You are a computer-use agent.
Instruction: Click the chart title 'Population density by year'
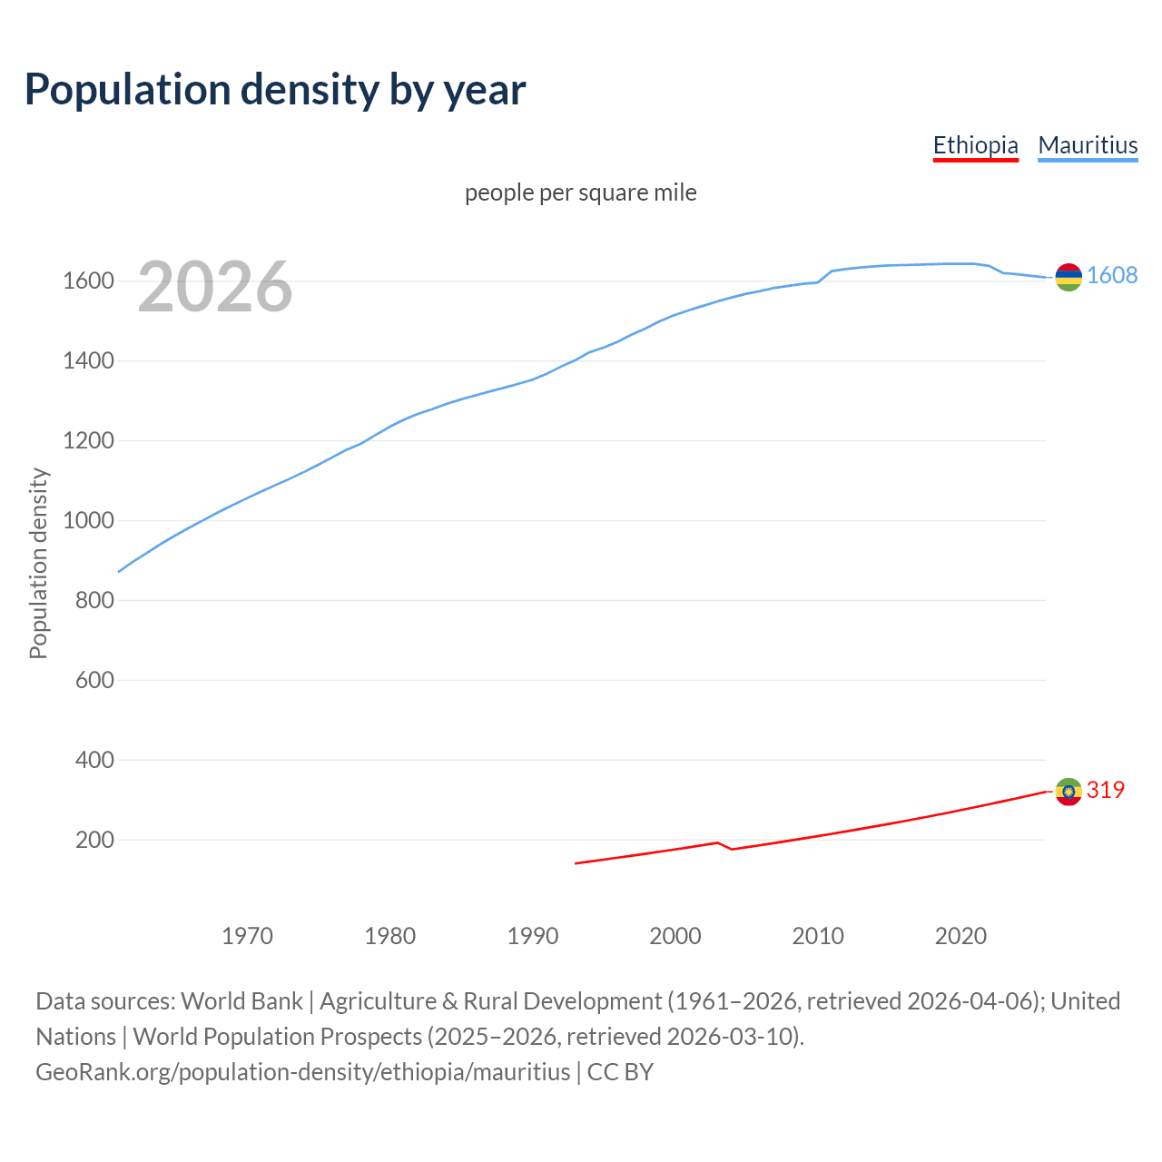(x=275, y=89)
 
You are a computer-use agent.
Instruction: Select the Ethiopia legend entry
(x=975, y=145)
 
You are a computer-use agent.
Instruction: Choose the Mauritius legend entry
(x=1088, y=145)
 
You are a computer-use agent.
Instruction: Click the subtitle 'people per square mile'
(x=581, y=192)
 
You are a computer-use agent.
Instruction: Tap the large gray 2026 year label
(x=215, y=287)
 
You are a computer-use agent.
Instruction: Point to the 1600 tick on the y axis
(x=88, y=281)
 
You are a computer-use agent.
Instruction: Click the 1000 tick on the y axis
(x=88, y=521)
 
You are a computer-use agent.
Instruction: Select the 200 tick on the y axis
(x=94, y=840)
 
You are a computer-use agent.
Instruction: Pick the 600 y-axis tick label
(x=94, y=680)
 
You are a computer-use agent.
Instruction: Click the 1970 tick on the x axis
(x=247, y=936)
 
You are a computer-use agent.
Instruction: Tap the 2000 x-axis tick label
(x=675, y=936)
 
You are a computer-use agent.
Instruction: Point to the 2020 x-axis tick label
(x=960, y=936)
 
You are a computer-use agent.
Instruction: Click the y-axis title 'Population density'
(x=38, y=563)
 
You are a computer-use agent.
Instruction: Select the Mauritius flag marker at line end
(x=1068, y=277)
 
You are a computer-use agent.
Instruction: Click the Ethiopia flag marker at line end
(x=1068, y=792)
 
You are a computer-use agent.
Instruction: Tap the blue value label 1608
(x=1112, y=276)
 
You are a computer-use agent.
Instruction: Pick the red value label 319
(x=1105, y=791)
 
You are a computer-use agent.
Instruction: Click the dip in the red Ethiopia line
(x=732, y=849)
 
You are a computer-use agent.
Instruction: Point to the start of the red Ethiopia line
(x=576, y=863)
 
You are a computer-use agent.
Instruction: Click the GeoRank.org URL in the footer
(x=303, y=1072)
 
